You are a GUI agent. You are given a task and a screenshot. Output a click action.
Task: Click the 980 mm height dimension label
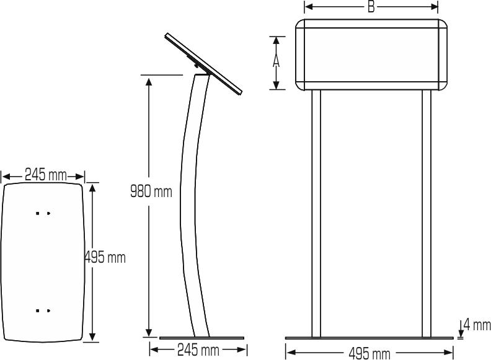click(x=151, y=191)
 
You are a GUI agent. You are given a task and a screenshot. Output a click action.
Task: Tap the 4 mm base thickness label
click(x=476, y=325)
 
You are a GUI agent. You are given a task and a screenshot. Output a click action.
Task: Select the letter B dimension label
click(x=371, y=7)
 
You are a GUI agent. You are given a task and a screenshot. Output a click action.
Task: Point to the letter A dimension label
click(x=277, y=62)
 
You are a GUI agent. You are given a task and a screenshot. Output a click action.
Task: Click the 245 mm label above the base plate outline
click(x=45, y=175)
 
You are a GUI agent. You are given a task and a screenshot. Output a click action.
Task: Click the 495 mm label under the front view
click(x=369, y=354)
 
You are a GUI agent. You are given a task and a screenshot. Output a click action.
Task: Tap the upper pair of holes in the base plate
click(x=43, y=213)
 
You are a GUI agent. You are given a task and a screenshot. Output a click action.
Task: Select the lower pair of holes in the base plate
click(x=43, y=310)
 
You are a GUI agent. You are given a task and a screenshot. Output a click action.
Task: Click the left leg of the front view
click(x=316, y=214)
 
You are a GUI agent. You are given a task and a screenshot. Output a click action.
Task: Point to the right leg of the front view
click(x=427, y=214)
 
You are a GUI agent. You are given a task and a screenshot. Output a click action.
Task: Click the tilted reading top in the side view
click(x=203, y=63)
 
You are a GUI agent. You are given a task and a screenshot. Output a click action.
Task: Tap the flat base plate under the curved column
click(x=201, y=338)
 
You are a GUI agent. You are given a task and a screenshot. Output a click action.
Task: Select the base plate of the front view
click(x=369, y=338)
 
